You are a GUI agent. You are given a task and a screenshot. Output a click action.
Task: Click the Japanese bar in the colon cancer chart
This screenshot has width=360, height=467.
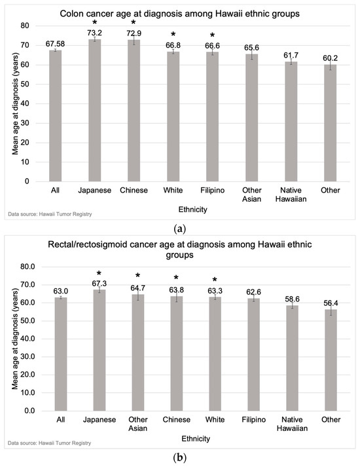click(x=95, y=110)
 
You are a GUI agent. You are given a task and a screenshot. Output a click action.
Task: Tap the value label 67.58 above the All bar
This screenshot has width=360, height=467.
click(x=55, y=44)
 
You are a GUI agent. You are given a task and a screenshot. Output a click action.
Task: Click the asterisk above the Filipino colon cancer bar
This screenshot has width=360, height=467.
click(x=212, y=36)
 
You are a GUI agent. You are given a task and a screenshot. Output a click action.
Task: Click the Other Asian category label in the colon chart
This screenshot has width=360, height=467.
click(x=252, y=195)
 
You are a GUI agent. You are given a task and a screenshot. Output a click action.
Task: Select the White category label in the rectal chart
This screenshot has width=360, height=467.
click(x=215, y=420)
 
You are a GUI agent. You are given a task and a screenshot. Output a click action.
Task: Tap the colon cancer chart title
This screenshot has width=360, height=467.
click(x=180, y=14)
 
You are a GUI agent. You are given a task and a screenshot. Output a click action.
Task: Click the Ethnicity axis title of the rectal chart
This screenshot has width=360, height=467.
click(x=196, y=439)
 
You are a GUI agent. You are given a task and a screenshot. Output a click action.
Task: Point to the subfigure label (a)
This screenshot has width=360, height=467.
click(x=180, y=229)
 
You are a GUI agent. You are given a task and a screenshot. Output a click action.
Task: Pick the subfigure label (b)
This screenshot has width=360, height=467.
click(x=180, y=457)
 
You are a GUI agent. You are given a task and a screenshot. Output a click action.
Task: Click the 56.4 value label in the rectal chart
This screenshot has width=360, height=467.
click(x=331, y=303)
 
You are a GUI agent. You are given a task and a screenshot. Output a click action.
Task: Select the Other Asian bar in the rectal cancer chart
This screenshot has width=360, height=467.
click(x=138, y=352)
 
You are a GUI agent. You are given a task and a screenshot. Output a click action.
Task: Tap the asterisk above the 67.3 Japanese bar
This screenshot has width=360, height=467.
click(x=99, y=273)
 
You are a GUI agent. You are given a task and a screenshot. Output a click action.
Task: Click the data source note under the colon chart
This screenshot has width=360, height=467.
click(x=50, y=214)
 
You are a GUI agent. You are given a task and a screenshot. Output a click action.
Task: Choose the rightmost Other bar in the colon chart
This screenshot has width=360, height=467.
click(x=331, y=123)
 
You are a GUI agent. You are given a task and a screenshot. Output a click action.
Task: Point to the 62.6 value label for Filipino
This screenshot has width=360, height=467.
click(x=253, y=292)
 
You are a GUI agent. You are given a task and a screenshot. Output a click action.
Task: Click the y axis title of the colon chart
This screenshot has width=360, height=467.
click(x=16, y=103)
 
